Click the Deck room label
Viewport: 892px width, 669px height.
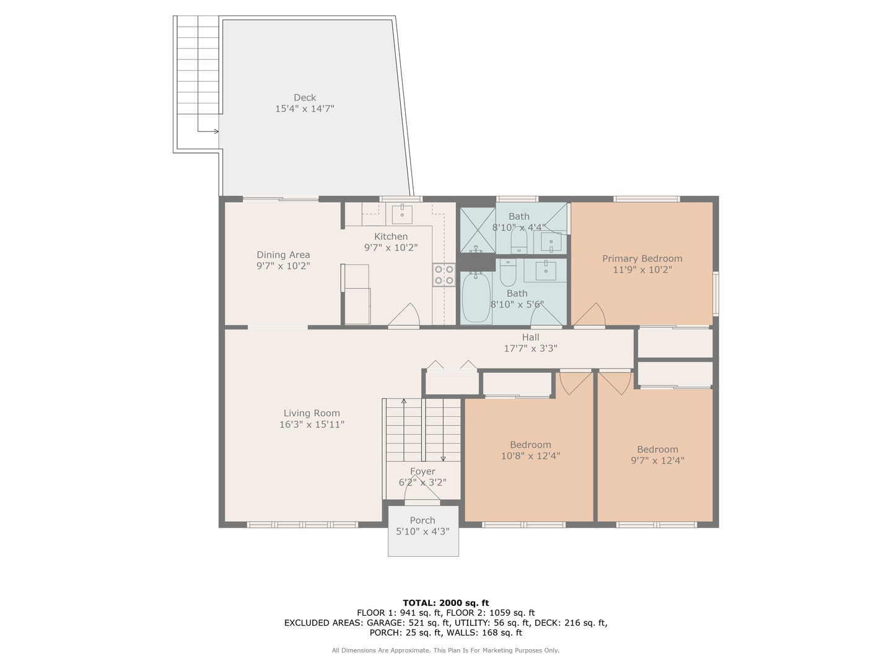(x=304, y=97)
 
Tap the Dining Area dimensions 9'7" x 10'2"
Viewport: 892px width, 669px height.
(x=283, y=266)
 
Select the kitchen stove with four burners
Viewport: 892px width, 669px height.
(x=444, y=275)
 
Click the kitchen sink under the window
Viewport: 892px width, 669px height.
(x=402, y=214)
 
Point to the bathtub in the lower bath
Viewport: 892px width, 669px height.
(x=476, y=297)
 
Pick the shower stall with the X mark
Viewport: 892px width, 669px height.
(x=478, y=230)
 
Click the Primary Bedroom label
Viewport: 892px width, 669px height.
(x=642, y=258)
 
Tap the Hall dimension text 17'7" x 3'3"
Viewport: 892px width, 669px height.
(x=530, y=348)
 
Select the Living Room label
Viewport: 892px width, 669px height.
(x=312, y=413)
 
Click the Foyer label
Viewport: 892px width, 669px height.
(x=422, y=471)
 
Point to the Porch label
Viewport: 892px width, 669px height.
(x=422, y=520)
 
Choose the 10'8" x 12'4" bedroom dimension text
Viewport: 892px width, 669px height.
(x=530, y=456)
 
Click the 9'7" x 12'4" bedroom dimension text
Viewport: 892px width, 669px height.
(x=657, y=460)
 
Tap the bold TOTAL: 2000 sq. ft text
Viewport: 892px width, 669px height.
(x=446, y=603)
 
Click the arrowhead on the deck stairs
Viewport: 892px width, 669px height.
(x=217, y=131)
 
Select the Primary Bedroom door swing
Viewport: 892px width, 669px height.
(x=590, y=314)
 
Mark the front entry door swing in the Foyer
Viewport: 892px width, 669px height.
(x=422, y=492)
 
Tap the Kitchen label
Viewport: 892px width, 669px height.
(x=390, y=237)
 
